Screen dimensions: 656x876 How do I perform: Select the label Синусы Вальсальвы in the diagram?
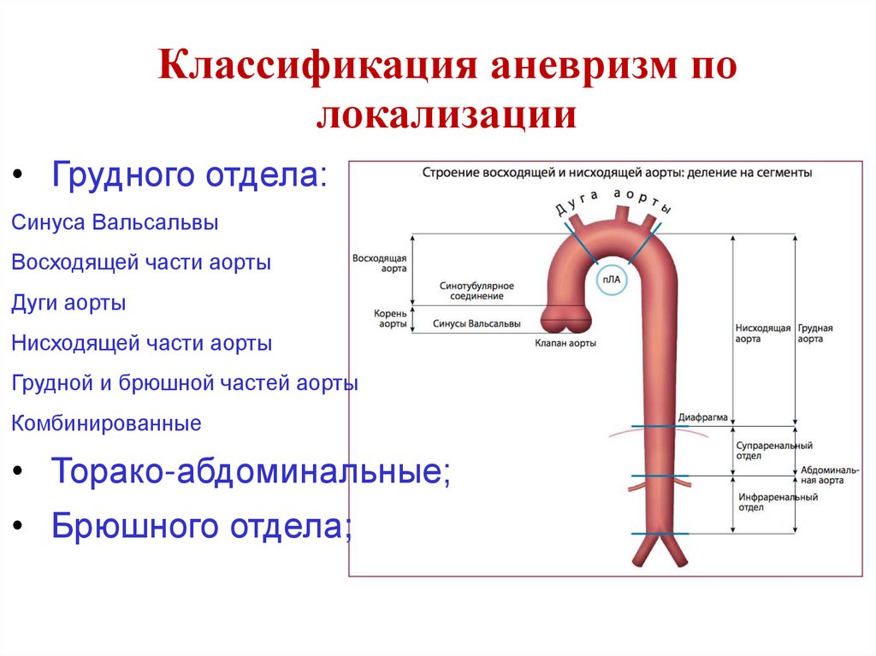[x=476, y=324]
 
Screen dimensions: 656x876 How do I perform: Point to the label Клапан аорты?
[x=565, y=343]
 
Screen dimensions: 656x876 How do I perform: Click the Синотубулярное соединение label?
[x=471, y=290]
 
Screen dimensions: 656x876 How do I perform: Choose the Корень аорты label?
[x=389, y=319]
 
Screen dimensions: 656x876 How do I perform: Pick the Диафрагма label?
[x=702, y=418]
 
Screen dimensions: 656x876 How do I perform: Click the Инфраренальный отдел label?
[x=766, y=502]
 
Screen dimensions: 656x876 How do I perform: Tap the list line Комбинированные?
[x=107, y=423]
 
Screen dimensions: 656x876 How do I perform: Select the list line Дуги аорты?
[x=69, y=303]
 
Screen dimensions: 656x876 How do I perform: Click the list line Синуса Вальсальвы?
[x=115, y=222]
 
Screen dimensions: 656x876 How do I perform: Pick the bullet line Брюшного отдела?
[x=202, y=525]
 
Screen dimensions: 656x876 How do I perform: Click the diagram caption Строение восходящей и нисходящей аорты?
[x=616, y=173]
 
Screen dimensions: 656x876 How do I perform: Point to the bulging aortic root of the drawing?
[x=566, y=319]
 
